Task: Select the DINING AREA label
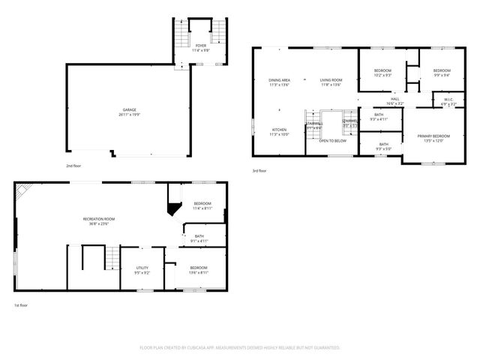pos(280,80)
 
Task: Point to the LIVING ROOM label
pos(331,80)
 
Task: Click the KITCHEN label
pos(279,130)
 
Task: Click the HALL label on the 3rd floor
pos(394,99)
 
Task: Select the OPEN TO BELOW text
pos(332,140)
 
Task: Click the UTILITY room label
pos(142,268)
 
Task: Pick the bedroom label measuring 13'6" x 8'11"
pos(199,268)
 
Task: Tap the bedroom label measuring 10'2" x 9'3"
pos(383,70)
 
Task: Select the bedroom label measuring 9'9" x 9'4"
pos(441,70)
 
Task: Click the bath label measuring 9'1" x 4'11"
pos(199,236)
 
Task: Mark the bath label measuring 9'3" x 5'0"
pos(383,144)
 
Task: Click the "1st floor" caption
pos(21,305)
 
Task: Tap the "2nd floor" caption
pos(73,165)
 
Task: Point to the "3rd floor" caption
pos(259,170)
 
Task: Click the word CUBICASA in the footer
pos(193,348)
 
